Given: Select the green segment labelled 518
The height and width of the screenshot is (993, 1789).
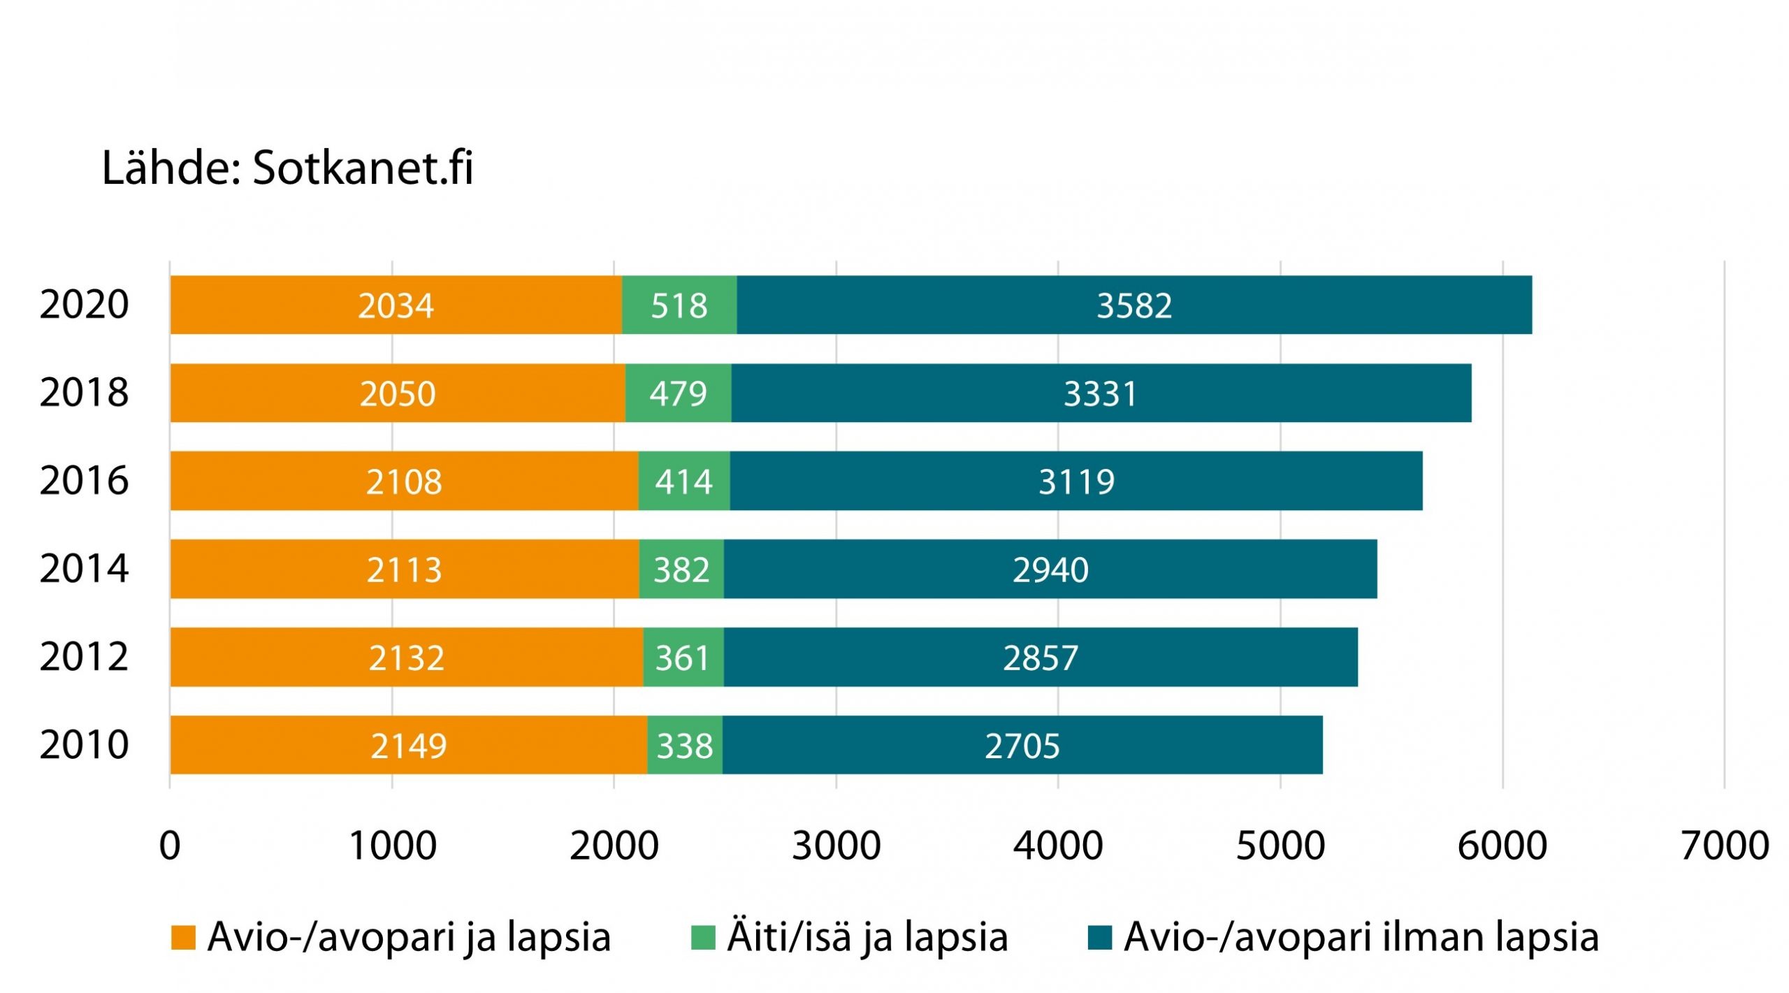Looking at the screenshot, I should [x=679, y=305].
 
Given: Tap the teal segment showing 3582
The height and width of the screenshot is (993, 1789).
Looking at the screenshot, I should [x=1133, y=305].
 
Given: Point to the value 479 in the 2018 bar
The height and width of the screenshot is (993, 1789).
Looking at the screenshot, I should [x=678, y=393].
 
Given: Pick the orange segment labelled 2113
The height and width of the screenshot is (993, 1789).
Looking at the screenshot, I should [x=404, y=570].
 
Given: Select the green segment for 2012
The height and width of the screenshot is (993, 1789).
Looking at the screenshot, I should [x=683, y=658].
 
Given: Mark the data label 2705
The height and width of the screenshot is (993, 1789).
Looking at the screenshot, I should [x=1022, y=746].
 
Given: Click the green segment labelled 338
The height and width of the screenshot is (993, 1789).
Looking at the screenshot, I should [x=684, y=746].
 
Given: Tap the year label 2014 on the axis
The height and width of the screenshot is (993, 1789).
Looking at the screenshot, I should [x=84, y=568].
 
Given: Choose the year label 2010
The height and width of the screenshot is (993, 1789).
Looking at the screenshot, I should [x=84, y=744].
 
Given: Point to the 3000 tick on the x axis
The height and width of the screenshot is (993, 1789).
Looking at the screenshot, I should [x=836, y=846].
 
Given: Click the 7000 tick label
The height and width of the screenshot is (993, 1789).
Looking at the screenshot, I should [x=1724, y=846].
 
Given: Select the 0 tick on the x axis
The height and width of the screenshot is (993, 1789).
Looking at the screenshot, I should [x=170, y=846].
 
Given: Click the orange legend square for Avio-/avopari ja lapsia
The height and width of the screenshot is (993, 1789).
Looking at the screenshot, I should [x=183, y=938].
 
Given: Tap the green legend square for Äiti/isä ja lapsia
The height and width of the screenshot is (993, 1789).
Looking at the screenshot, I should [x=702, y=938].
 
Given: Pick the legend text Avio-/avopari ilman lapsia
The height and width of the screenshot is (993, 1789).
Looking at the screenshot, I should [x=1361, y=938].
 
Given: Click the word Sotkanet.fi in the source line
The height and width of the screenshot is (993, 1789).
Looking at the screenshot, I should [x=363, y=168].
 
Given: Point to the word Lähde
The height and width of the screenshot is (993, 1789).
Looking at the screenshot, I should [x=171, y=168].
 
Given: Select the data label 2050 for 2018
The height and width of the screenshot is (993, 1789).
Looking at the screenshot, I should [x=398, y=393].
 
